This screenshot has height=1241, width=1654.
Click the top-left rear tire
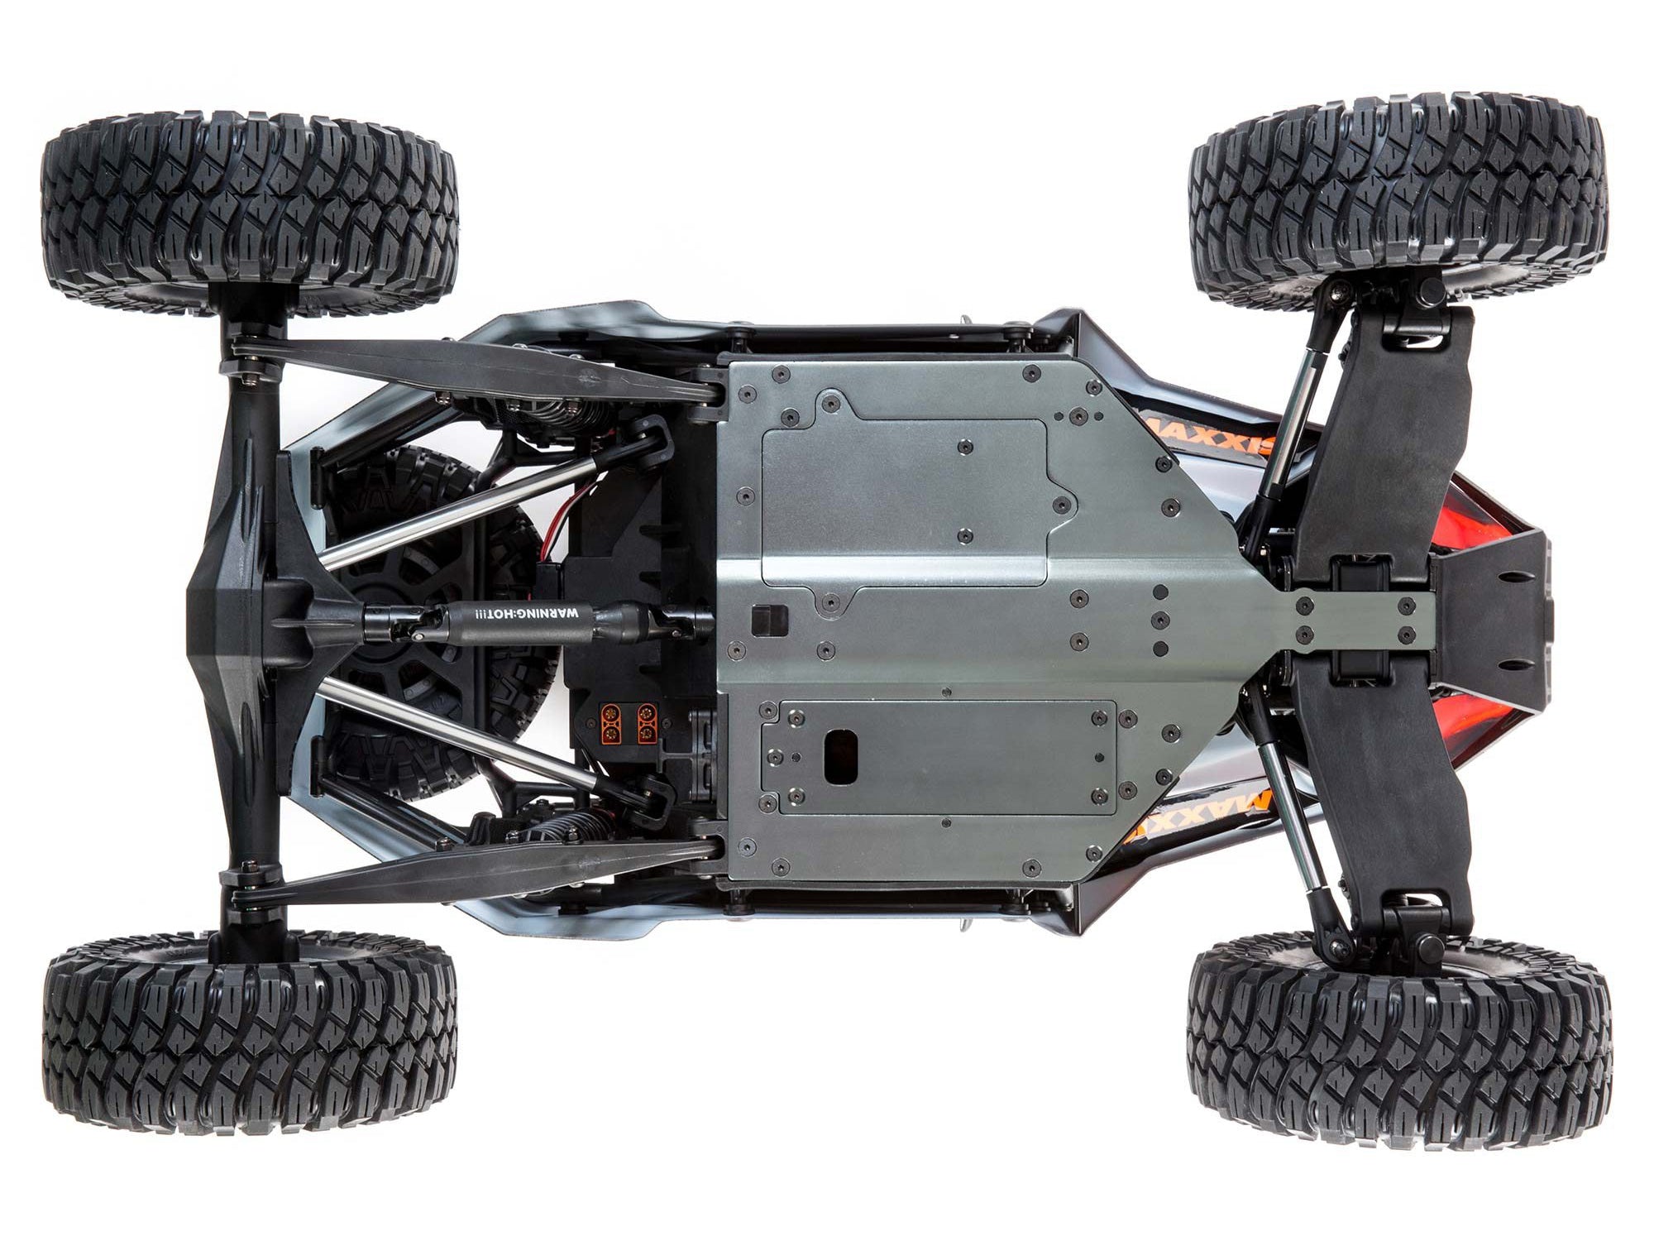point(248,211)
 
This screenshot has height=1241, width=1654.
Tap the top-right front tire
point(1398,199)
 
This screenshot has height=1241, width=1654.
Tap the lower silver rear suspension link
point(459,732)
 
